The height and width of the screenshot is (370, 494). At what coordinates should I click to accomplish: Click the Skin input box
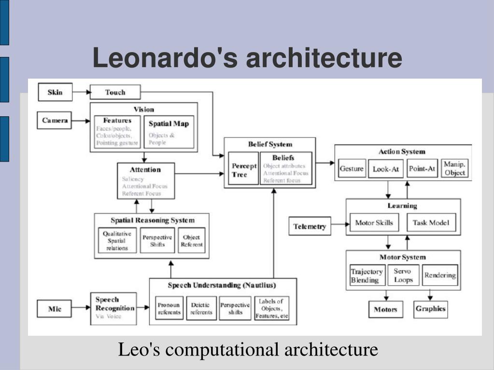(x=55, y=92)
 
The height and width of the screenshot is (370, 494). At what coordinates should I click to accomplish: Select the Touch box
(x=115, y=92)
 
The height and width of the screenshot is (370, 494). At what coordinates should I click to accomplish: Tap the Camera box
(x=54, y=120)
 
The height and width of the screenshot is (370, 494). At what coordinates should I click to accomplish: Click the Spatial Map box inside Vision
(x=169, y=131)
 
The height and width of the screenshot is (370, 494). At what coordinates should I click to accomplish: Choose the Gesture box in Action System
(x=352, y=169)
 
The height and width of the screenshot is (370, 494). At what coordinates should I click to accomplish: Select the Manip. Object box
(x=454, y=168)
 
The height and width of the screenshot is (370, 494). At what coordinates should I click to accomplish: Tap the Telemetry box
(x=310, y=226)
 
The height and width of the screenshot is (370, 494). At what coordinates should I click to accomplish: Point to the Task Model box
(x=431, y=223)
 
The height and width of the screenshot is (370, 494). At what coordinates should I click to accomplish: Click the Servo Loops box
(x=403, y=276)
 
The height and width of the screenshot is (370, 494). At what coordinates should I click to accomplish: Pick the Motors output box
(x=385, y=309)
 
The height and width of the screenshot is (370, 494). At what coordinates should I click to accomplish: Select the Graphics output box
(x=431, y=309)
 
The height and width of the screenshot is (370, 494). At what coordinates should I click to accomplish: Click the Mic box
(x=55, y=309)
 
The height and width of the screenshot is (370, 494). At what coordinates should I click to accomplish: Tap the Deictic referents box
(x=201, y=308)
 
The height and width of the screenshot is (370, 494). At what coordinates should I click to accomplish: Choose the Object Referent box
(x=192, y=241)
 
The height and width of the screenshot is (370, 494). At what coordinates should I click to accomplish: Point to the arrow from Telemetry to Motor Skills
(x=340, y=224)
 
